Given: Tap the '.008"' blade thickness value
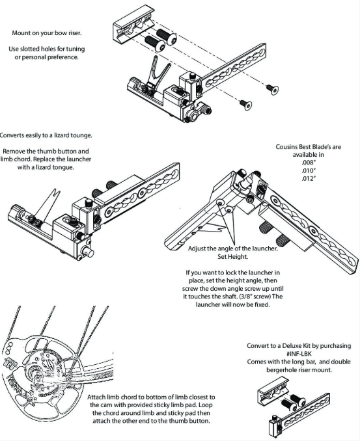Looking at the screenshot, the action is point(309,163).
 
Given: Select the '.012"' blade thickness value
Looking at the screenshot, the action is point(309,178).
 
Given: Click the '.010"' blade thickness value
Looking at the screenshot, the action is point(309,170).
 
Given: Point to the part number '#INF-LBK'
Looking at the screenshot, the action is point(299,354).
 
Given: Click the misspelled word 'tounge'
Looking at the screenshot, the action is point(81,135).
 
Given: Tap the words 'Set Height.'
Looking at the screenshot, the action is point(233,256).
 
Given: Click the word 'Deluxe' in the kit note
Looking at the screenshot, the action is point(292,345).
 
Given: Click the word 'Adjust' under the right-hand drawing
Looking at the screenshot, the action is point(197,248).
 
